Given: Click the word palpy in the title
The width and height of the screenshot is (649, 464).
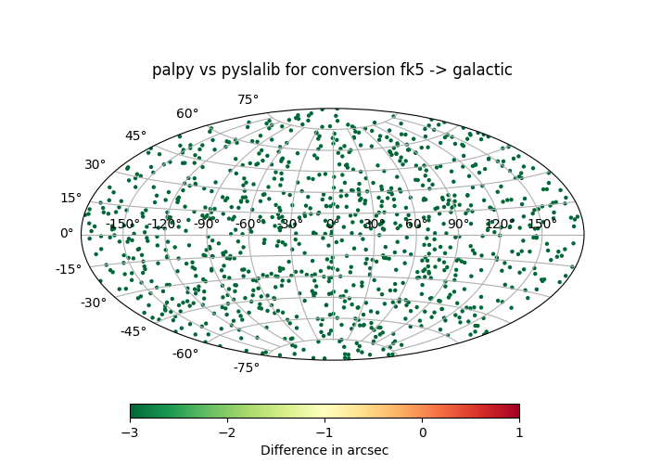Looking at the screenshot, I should pos(172,71).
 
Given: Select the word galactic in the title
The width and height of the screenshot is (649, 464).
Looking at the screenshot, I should pos(482,71).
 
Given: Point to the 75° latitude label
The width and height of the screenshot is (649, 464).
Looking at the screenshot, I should pos(248,100).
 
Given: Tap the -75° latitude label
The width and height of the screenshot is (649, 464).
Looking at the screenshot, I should pos(246,368).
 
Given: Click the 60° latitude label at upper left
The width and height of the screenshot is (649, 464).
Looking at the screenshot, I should pos(187,114).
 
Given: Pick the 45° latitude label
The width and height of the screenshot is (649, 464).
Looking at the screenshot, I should pos(135,136).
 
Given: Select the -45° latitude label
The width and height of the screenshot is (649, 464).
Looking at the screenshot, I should pos(133,332).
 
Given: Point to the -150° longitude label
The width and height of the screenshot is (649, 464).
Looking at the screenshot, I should pos(122,224).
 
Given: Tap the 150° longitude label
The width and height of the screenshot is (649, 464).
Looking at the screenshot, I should pos(541,224).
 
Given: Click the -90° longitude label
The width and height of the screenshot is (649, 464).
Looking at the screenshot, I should pos(205,224).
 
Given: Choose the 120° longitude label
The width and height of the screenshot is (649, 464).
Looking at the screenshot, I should pos(499,224).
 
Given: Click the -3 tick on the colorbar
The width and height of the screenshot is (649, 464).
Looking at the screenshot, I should pos(130,432).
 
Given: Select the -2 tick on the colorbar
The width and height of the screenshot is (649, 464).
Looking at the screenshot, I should pos(227,432).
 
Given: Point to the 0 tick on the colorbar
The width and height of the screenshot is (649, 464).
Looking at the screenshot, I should pos(422,432).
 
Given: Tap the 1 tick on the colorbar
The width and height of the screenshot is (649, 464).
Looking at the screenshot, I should pos(519,432).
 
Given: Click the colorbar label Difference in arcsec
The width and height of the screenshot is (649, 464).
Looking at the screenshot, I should pos(324,450).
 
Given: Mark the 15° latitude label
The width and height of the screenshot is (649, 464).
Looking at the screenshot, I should pos(71,198).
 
